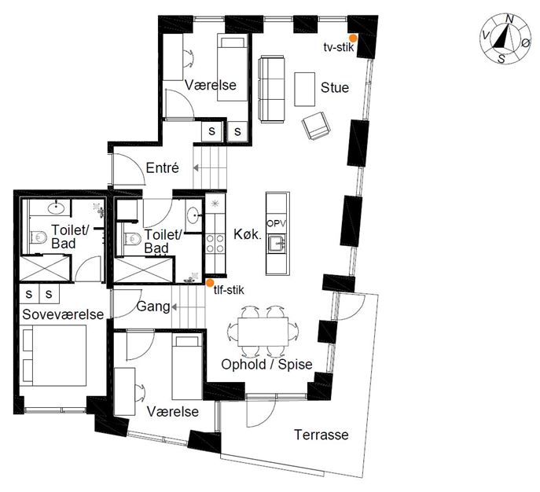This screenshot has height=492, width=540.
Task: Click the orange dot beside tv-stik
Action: click(x=353, y=38)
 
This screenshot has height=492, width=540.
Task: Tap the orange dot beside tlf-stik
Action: click(x=209, y=283)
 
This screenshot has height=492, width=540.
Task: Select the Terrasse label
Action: click(x=321, y=435)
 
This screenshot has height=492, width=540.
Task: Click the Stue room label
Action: click(x=334, y=87)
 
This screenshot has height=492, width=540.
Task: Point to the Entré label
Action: click(x=162, y=167)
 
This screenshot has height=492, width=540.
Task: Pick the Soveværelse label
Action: click(x=63, y=314)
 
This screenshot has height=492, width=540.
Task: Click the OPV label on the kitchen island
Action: click(x=276, y=223)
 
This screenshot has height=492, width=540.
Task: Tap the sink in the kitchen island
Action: click(x=277, y=244)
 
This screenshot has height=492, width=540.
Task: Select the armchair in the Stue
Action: click(x=316, y=126)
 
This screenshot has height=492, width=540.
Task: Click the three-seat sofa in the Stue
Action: click(x=272, y=89)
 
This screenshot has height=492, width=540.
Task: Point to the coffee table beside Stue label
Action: click(x=304, y=89)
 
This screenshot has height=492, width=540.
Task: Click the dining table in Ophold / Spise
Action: click(x=263, y=332)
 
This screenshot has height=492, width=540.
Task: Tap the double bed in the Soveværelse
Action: click(x=54, y=355)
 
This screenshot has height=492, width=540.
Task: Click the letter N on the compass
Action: click(x=509, y=20)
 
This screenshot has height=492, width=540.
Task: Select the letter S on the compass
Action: click(x=501, y=59)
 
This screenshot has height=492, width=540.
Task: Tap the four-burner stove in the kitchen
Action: click(x=215, y=244)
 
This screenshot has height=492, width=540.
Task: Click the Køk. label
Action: click(x=248, y=234)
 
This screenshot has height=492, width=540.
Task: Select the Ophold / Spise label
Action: click(x=266, y=364)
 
